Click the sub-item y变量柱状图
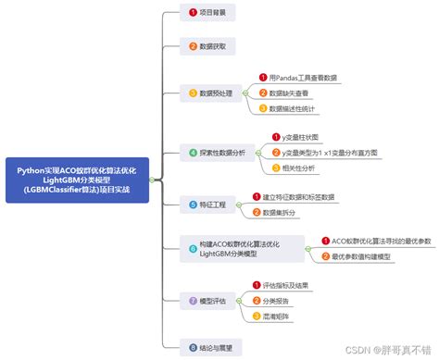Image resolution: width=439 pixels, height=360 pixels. coord(288,137)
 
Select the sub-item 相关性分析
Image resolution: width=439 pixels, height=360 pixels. coord(290,168)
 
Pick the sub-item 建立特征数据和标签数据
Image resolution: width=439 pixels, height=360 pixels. coord(296,197)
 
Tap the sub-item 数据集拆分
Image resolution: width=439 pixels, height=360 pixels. coord(282,212)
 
